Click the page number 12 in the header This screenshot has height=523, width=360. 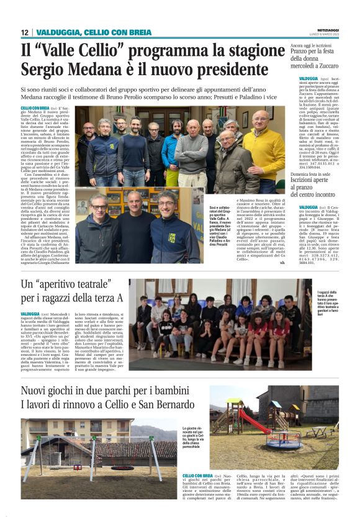[x=24, y=32]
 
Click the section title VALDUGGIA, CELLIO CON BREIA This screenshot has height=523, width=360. [x=94, y=32]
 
